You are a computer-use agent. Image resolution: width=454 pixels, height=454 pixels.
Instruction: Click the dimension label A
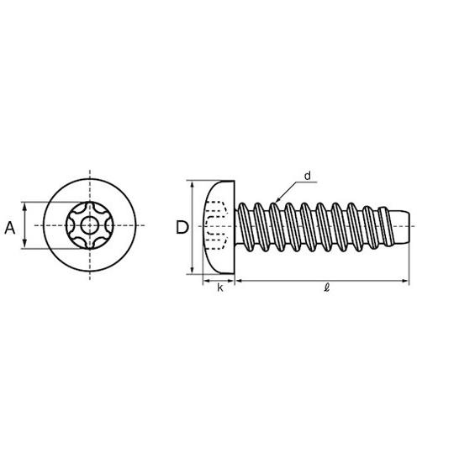(10, 228)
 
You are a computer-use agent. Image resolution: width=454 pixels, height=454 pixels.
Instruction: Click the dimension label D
(182, 227)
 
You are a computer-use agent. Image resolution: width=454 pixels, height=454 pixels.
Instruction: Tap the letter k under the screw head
(220, 288)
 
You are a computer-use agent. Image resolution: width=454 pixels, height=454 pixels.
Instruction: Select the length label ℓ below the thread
(327, 288)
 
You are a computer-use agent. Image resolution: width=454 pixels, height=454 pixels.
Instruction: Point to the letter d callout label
(308, 176)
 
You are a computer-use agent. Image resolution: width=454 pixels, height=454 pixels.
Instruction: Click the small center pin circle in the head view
(90, 225)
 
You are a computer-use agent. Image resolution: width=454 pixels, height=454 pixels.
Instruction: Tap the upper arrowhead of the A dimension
(24, 206)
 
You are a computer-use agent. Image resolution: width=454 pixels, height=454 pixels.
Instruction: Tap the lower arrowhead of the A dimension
(24, 244)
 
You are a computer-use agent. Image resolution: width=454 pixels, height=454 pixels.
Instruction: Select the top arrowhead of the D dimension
(193, 185)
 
